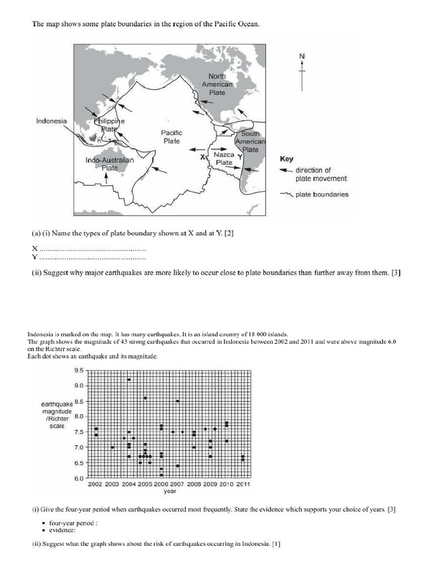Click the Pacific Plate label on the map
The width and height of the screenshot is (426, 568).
pos(171,137)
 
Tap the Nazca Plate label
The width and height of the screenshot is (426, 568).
pos(224,159)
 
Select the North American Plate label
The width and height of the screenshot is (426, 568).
pos(217,84)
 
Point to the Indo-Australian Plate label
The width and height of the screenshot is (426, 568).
pos(109,164)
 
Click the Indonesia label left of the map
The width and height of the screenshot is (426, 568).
pos(52,121)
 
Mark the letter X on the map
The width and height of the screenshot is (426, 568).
pos(203,157)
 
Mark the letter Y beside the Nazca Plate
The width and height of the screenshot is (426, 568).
pos(240,156)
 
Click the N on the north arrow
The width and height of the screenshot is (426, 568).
pos(302,56)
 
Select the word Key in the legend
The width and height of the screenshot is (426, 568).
pos(287,159)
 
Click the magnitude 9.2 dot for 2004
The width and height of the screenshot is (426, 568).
pos(129,379)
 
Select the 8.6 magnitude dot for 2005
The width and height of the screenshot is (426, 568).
pos(145,398)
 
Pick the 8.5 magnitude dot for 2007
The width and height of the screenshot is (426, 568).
pos(177,400)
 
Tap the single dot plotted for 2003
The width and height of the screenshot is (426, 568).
pos(113,447)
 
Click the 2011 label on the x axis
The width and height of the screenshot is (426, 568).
pos(242,484)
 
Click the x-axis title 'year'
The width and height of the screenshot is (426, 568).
pos(170,491)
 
